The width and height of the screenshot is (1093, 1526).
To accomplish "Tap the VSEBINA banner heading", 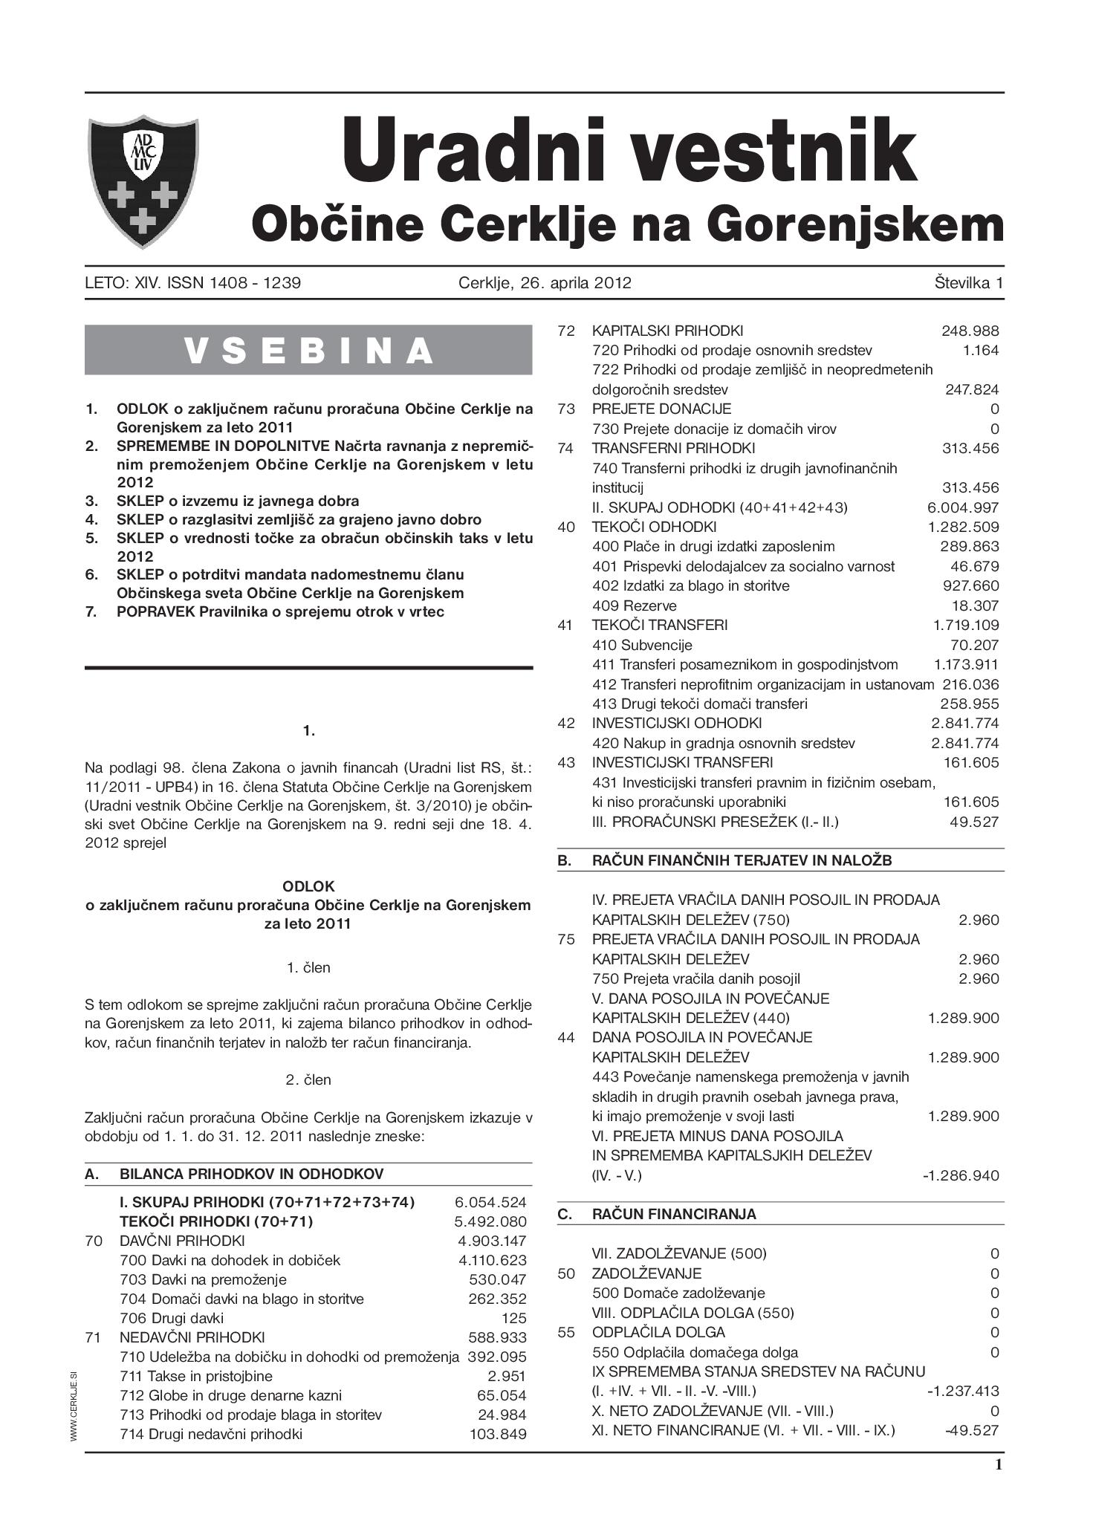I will (308, 350).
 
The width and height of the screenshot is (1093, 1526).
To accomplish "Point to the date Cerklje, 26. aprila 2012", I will (545, 283).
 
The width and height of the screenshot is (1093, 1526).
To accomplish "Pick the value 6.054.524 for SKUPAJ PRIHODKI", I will (490, 1202).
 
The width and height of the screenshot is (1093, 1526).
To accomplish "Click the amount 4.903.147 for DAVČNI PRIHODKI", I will (492, 1241).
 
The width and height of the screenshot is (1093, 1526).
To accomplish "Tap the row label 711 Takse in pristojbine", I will (196, 1377).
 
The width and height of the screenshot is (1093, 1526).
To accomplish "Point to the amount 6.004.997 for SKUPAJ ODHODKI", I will (963, 508).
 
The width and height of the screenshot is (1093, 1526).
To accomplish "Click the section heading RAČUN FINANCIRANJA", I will (674, 1214).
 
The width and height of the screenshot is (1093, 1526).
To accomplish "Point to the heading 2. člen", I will (308, 1079).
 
